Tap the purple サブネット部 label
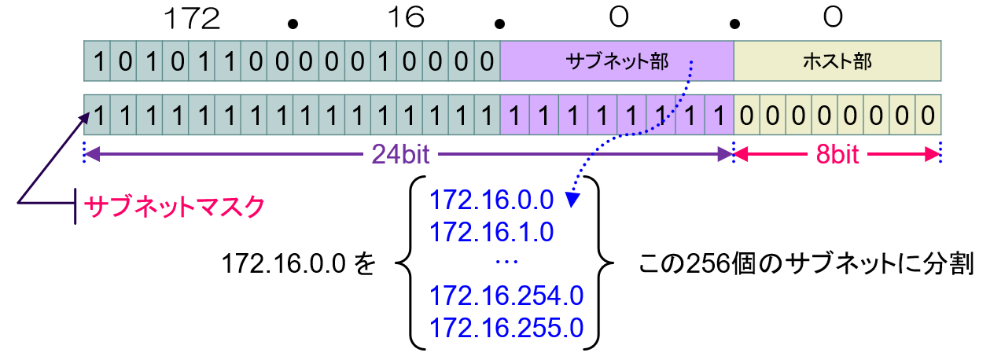coord(616,61)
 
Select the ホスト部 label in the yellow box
coord(837,61)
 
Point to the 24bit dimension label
coord(400,154)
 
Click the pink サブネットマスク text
coord(174,207)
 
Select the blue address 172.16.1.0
coord(492,231)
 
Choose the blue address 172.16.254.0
coord(506,296)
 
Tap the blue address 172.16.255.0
coord(506,327)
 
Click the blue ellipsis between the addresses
coord(506,261)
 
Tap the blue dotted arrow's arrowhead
coord(573,201)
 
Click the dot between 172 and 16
coord(294,23)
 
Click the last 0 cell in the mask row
coord(929,116)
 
